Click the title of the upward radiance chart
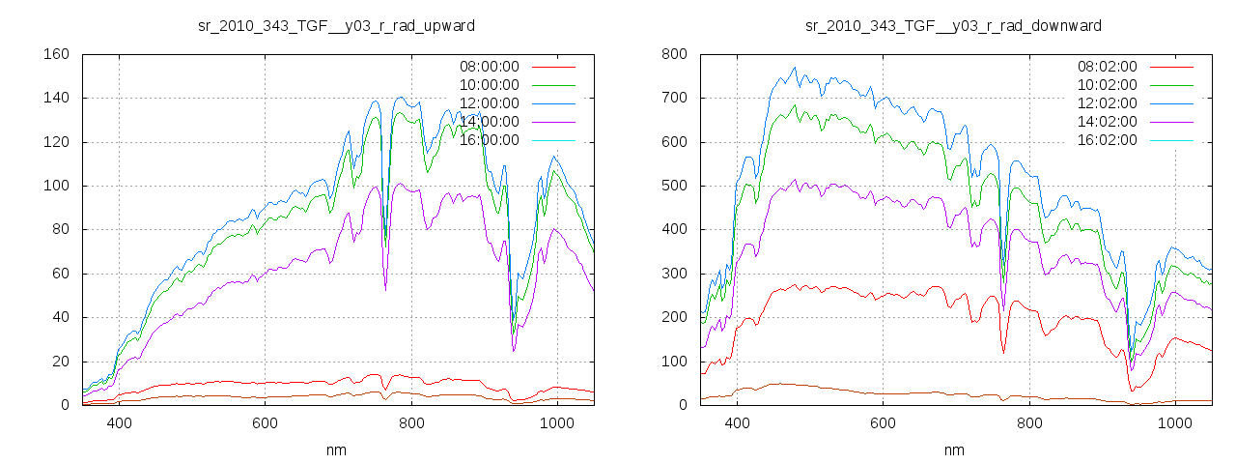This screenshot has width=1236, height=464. coord(336,25)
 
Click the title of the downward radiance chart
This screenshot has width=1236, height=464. coord(954,25)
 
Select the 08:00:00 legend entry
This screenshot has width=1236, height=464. coord(489,67)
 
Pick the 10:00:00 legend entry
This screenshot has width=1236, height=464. coord(489,85)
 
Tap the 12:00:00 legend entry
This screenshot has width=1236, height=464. coord(489,103)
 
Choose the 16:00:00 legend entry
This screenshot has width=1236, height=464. coord(489,140)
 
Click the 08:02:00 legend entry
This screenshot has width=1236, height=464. coord(1107,67)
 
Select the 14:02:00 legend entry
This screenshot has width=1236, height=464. coord(1107,122)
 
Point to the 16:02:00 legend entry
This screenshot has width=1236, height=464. coord(1107,140)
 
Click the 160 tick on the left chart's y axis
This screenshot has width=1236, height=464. coord(56,54)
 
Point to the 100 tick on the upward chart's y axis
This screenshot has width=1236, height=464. coord(56,186)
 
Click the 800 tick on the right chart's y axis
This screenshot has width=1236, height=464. coord(674,54)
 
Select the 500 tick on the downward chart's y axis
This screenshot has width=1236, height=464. coord(674,186)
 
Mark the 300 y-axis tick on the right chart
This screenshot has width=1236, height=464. coord(674,274)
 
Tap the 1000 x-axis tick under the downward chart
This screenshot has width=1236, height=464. coord(1174,422)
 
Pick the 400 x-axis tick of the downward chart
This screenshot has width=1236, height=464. coord(737,422)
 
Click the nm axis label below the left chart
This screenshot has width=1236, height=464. coord(336,450)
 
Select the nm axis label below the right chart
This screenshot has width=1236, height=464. coord(954,450)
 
